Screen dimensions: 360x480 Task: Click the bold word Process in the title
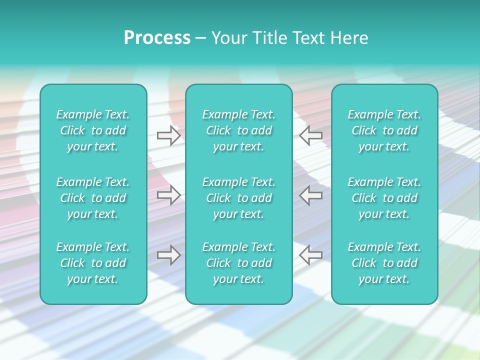tap(157, 38)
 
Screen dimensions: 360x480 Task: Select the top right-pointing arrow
tap(168, 135)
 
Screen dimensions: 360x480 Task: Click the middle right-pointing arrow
tap(168, 195)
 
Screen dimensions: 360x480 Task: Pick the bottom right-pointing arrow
tap(168, 255)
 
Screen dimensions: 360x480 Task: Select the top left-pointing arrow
tap(311, 135)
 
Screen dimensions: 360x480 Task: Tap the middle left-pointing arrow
tap(311, 195)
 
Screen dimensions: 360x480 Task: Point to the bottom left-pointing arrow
tap(311, 255)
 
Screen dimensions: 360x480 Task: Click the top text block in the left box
tap(93, 130)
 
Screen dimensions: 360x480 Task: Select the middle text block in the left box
tap(93, 198)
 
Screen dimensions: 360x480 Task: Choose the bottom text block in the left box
tap(93, 263)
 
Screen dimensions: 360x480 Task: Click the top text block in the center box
tap(239, 130)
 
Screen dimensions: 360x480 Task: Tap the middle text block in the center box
tap(239, 198)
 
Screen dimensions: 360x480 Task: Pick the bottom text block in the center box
tap(239, 263)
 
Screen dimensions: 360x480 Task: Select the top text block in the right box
tap(384, 130)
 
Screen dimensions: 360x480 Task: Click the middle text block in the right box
tap(384, 198)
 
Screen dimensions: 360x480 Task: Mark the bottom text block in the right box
tap(384, 263)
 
